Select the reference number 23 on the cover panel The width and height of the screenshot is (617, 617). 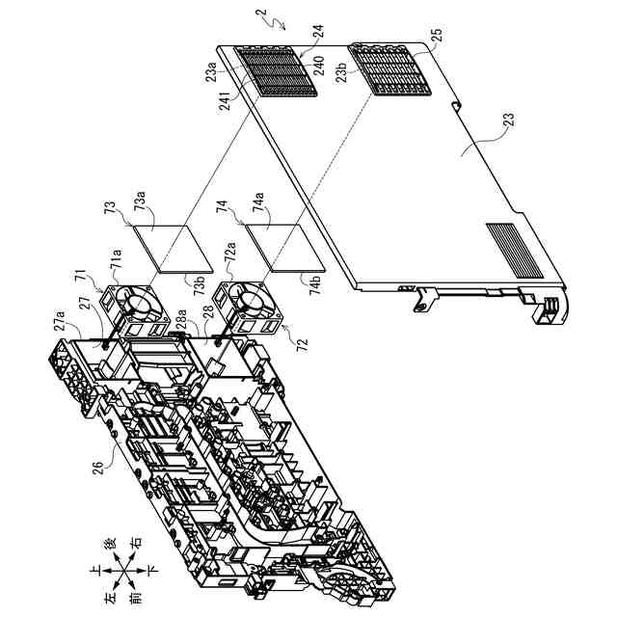pos(510,121)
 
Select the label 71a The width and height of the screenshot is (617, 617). pos(115,261)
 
